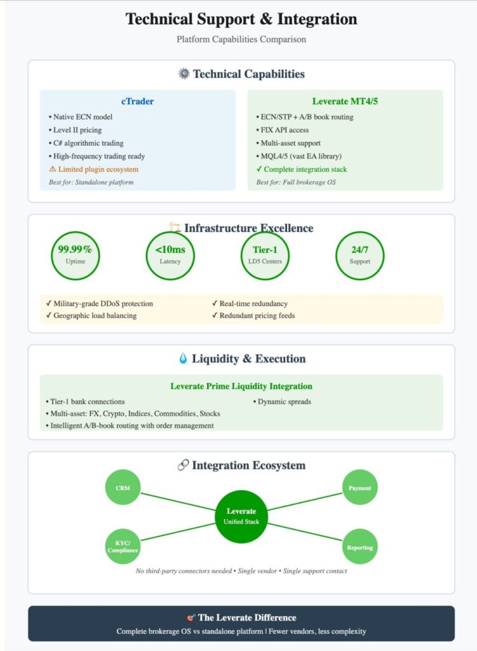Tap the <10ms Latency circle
point(170,256)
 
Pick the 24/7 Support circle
point(359,256)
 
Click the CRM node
point(123,488)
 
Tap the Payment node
point(359,488)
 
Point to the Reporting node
point(359,547)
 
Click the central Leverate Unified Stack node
point(241,516)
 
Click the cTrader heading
point(137,102)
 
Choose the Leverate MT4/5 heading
point(345,102)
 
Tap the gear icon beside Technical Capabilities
point(184,74)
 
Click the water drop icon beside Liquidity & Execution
point(183,359)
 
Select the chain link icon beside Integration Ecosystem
point(182,465)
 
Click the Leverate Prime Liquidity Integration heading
point(241,386)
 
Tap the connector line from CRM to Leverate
point(178,500)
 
